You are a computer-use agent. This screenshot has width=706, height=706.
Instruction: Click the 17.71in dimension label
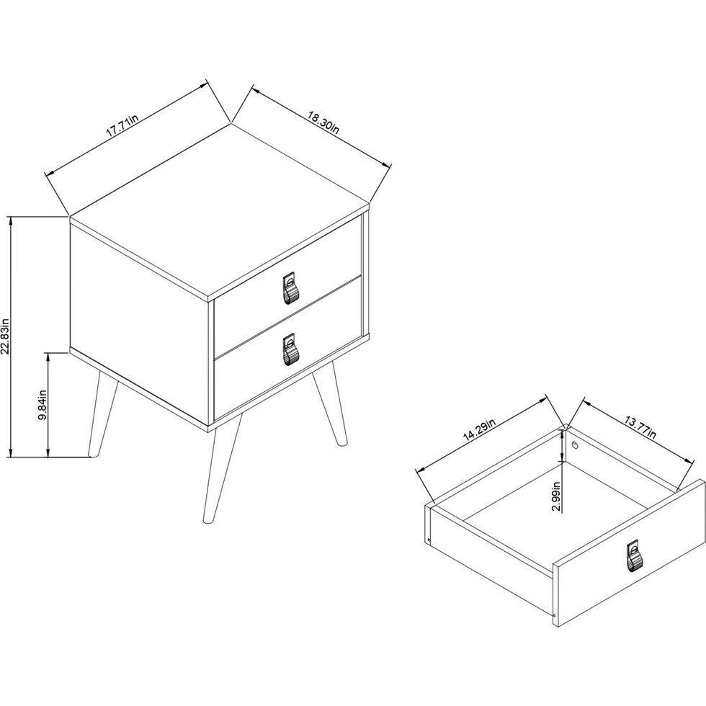[x=122, y=128]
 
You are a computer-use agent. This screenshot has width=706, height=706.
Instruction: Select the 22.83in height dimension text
[x=6, y=336]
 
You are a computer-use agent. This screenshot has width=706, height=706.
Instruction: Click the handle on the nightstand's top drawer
[x=290, y=288]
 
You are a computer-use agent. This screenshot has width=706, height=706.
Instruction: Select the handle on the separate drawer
[x=633, y=558]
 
